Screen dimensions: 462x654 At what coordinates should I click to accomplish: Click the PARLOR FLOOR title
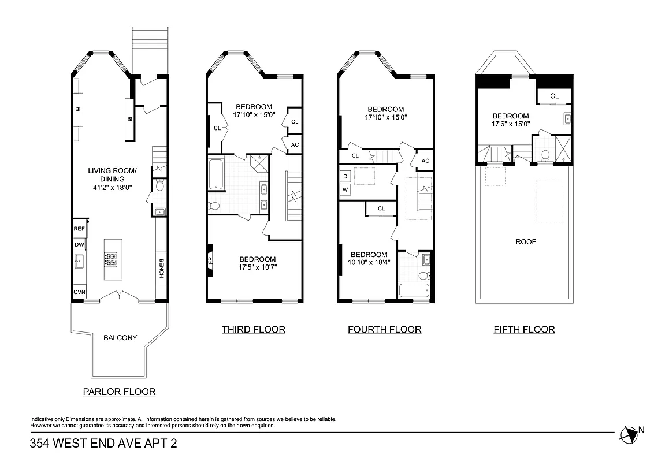tap(119, 392)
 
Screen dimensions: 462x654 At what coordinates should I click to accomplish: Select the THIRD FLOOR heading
tap(253, 330)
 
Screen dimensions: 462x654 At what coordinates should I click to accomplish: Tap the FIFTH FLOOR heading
tap(524, 330)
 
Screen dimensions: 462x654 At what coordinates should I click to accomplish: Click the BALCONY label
tap(120, 338)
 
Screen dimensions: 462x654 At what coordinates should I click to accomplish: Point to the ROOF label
tap(525, 242)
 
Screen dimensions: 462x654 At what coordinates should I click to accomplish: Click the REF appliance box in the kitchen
tap(79, 229)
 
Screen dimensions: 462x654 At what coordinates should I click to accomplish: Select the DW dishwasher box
tap(79, 245)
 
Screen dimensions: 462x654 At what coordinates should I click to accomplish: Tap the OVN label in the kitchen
tap(79, 292)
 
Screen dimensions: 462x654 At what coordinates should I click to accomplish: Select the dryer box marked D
tap(345, 176)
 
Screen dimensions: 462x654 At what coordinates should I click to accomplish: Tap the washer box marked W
tap(345, 189)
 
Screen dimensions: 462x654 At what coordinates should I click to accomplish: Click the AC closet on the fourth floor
tap(425, 161)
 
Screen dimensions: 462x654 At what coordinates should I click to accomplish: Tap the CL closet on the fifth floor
tap(554, 96)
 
